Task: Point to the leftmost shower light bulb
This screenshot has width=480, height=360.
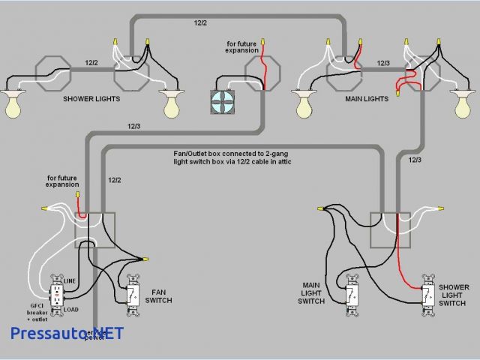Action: [13, 106]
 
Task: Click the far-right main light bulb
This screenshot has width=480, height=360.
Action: [465, 104]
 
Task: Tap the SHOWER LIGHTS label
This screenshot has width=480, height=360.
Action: [92, 99]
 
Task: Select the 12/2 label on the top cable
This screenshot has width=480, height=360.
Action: [201, 23]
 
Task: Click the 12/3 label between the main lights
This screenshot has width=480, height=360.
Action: [383, 64]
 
